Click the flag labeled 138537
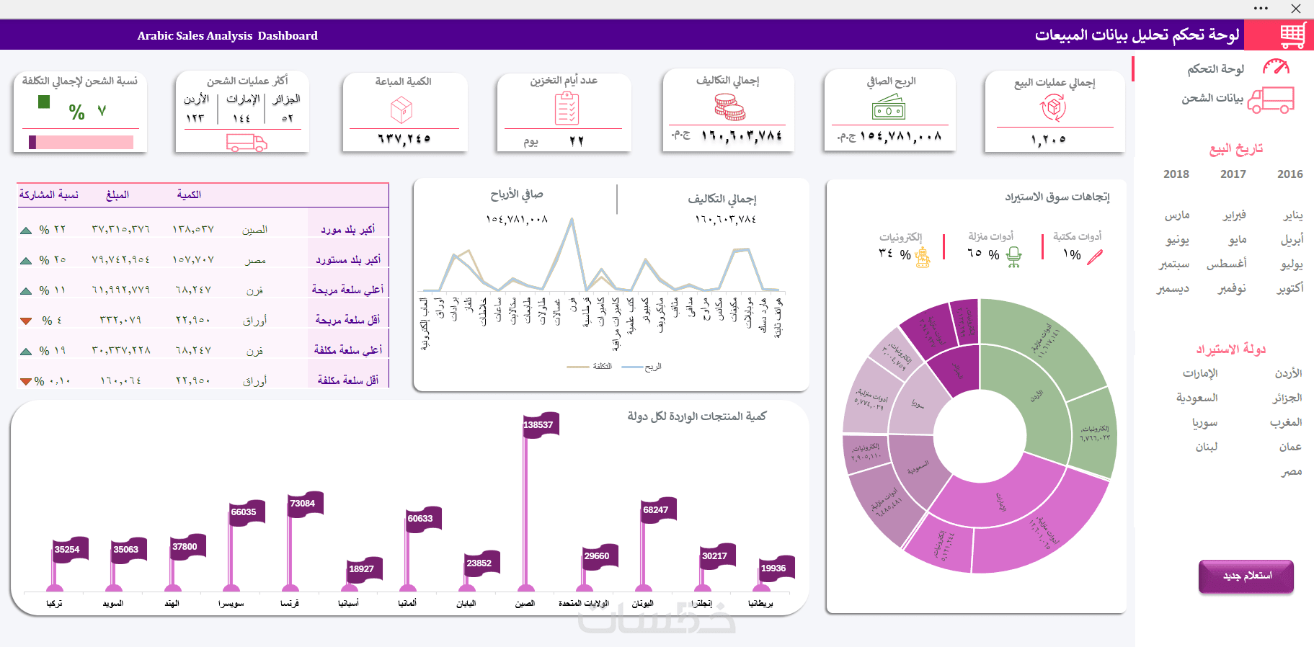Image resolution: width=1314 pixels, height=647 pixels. click(x=539, y=425)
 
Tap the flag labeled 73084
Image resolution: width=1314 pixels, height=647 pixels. click(x=303, y=504)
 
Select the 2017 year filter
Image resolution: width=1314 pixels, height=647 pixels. click(x=1233, y=174)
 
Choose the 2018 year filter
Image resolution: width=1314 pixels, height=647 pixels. click(x=1176, y=174)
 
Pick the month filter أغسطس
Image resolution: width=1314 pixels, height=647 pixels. click(x=1226, y=264)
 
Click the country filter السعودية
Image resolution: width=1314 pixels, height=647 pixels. click(x=1197, y=398)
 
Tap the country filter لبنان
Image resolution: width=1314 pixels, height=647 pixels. click(x=1206, y=447)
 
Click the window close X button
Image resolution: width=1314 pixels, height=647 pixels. click(x=1295, y=9)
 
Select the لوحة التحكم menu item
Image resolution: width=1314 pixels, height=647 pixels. click(x=1216, y=69)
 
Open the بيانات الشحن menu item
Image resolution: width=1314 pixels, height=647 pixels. click(x=1212, y=99)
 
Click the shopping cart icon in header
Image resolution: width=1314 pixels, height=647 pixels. click(x=1292, y=35)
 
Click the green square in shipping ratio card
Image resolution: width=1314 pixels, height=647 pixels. click(x=44, y=102)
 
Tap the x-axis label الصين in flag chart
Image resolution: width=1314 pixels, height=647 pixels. click(x=525, y=604)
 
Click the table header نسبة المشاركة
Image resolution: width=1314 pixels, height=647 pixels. click(x=49, y=195)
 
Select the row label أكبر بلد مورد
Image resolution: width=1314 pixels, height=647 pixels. click(x=348, y=230)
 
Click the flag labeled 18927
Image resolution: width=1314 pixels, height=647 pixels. click(x=363, y=569)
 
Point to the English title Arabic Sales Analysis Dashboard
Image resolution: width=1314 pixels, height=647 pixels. click(x=227, y=35)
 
